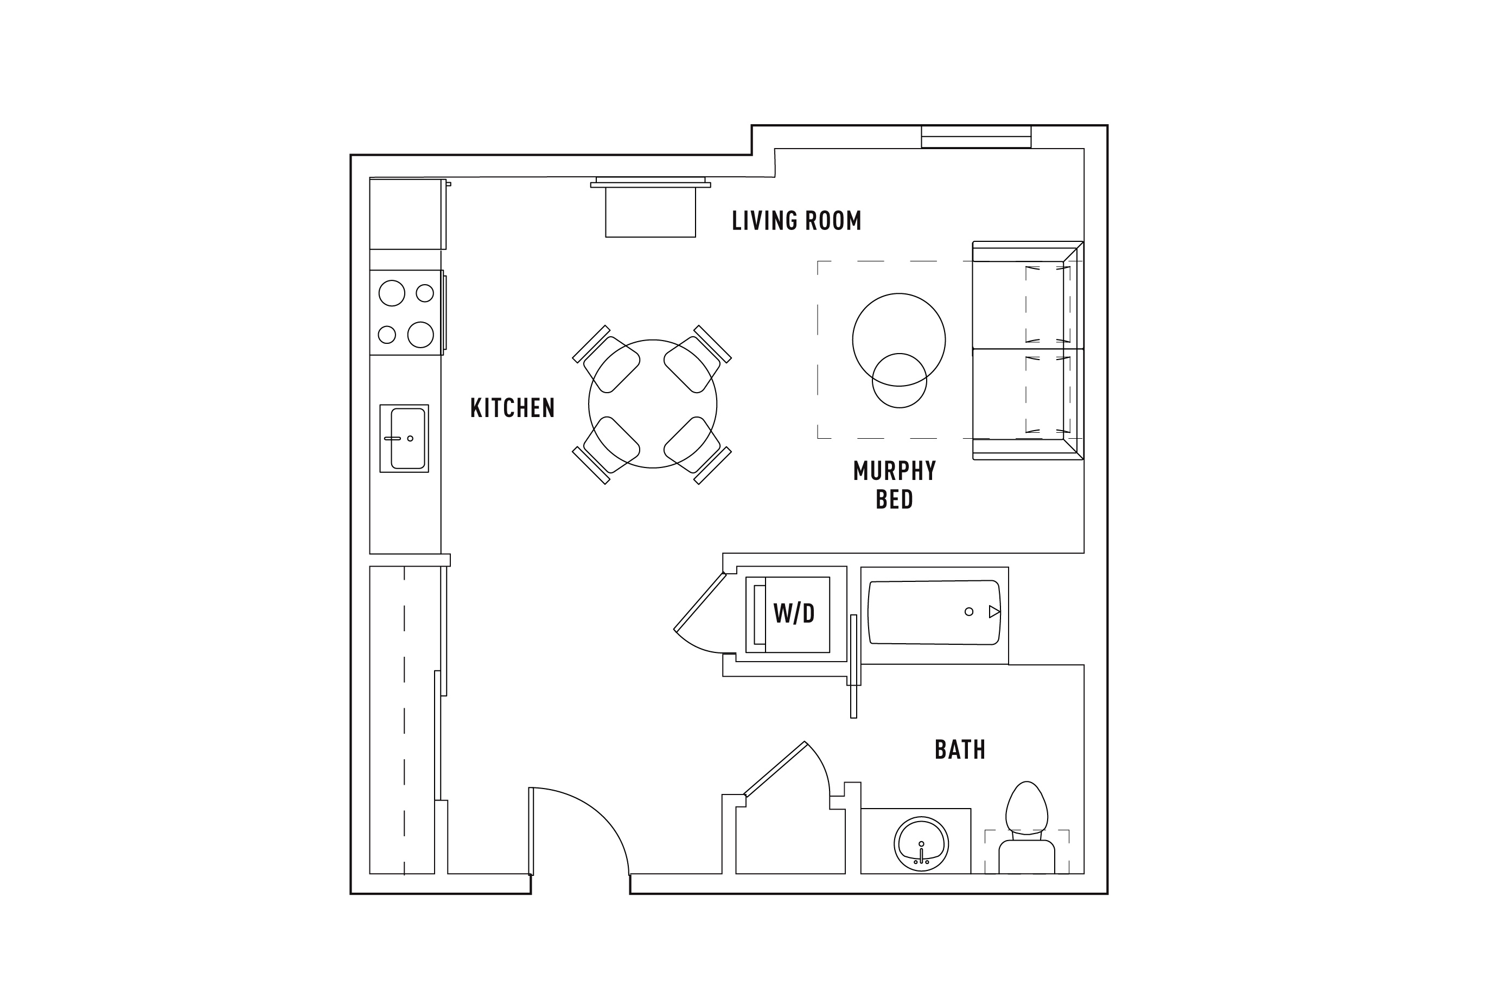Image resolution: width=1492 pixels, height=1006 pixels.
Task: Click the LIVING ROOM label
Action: [796, 221]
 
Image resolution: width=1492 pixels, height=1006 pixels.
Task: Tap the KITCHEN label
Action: [512, 408]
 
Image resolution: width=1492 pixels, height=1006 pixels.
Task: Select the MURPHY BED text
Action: [895, 485]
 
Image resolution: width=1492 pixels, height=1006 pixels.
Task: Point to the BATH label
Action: [960, 749]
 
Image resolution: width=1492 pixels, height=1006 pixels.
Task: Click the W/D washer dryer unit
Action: [787, 614]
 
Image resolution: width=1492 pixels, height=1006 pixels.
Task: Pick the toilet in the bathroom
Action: [1026, 827]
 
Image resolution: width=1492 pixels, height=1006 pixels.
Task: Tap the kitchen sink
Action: [404, 438]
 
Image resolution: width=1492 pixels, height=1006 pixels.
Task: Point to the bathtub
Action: [934, 613]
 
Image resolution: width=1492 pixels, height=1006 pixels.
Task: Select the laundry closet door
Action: [700, 602]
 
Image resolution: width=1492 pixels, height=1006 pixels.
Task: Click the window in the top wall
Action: [976, 137]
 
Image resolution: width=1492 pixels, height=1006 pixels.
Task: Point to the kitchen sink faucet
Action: [393, 438]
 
